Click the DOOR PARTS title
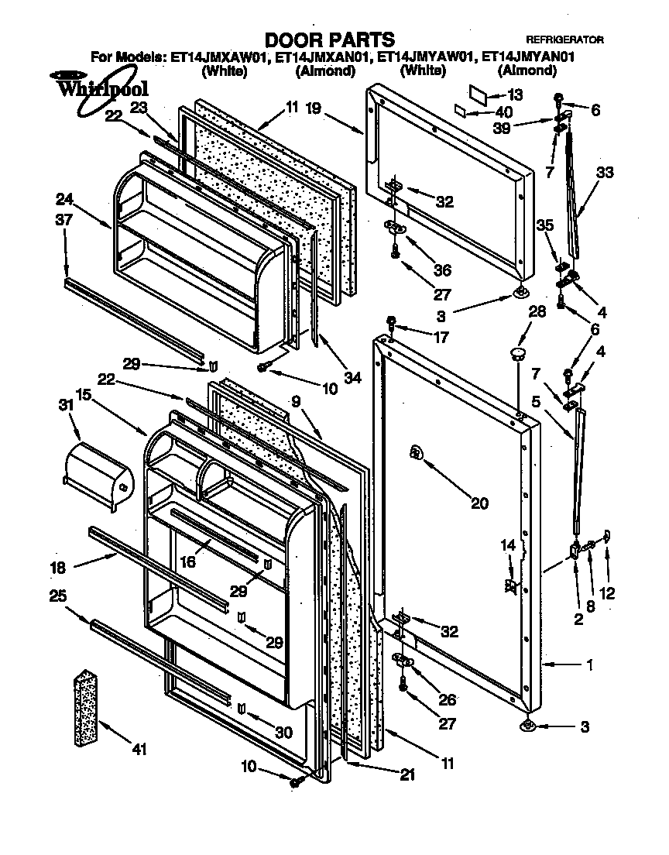[x=330, y=39]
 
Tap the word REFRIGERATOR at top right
[x=564, y=39]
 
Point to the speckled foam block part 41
[x=91, y=709]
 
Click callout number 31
[x=64, y=404]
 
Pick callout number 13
[x=515, y=94]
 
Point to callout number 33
[x=604, y=172]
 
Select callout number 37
[x=64, y=220]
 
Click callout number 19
[x=313, y=108]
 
